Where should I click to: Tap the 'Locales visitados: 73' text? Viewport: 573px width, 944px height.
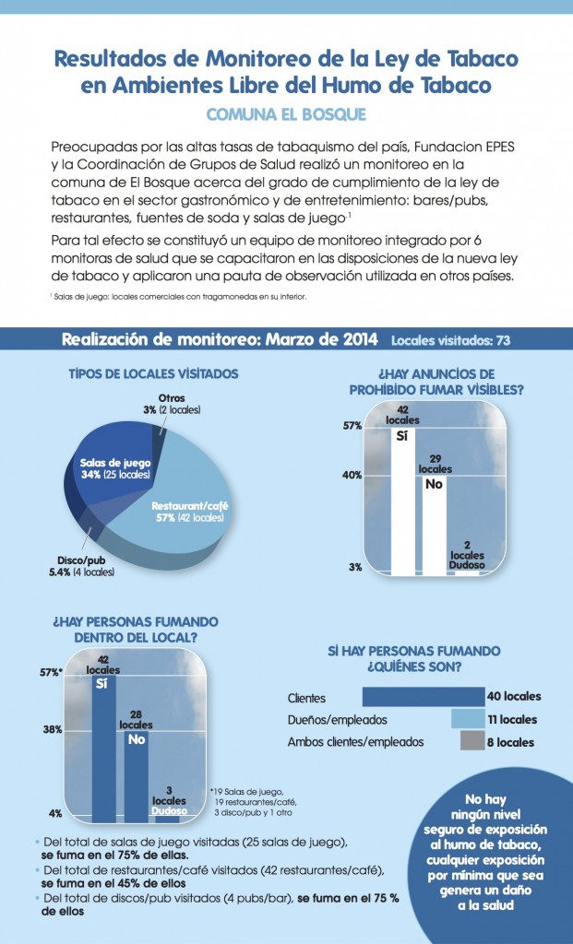point(451,340)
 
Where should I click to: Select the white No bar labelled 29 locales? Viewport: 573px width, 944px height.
point(436,525)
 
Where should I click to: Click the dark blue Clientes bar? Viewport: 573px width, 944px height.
point(424,697)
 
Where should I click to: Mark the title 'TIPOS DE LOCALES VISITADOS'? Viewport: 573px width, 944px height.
point(153,374)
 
